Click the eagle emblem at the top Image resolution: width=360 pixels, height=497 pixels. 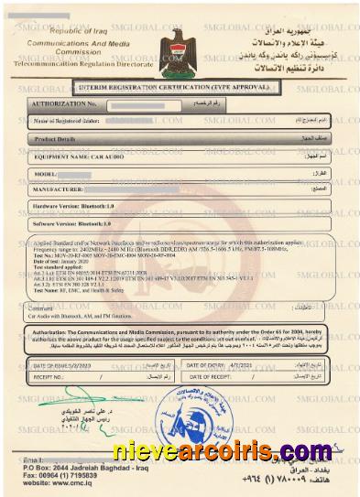click(177, 46)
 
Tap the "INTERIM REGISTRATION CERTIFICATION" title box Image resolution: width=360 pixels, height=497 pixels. click(177, 89)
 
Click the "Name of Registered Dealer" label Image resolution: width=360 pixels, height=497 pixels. click(69, 121)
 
